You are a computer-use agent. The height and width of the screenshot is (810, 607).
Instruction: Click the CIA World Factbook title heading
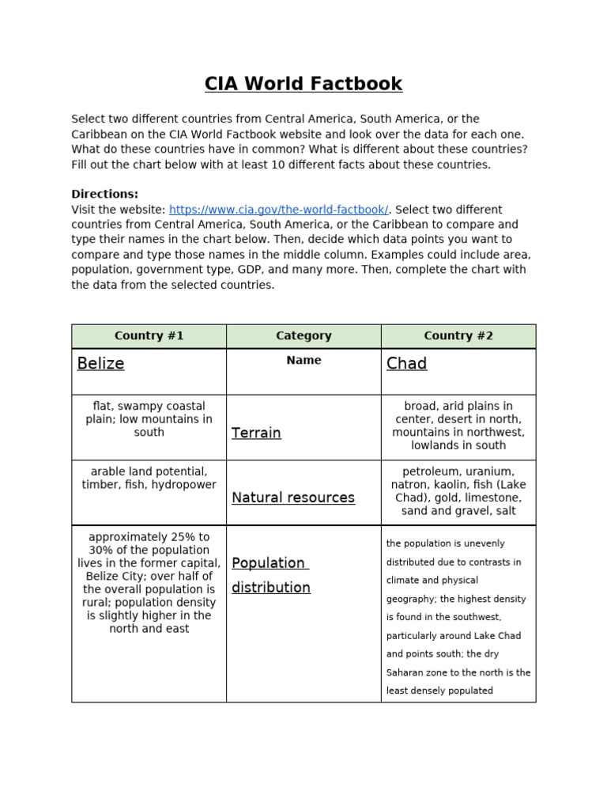[x=303, y=84]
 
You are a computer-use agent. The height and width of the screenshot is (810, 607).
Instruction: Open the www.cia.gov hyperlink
[x=278, y=210]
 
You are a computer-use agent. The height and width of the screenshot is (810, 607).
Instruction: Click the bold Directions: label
[x=104, y=194]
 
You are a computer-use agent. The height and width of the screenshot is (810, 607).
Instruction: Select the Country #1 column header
[x=149, y=335]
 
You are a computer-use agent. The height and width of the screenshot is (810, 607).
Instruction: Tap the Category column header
[x=303, y=335]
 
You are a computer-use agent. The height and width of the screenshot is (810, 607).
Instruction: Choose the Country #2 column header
[x=458, y=335]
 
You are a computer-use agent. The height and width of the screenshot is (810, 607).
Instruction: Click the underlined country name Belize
[x=100, y=363]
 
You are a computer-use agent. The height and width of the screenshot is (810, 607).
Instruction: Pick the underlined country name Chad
[x=406, y=363]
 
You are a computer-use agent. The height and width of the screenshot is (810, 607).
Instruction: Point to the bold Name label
[x=303, y=360]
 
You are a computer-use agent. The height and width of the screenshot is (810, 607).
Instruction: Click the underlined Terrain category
[x=256, y=433]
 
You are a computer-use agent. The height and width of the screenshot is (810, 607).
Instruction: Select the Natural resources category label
[x=293, y=498]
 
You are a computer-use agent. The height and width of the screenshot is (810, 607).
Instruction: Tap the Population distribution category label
[x=270, y=575]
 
